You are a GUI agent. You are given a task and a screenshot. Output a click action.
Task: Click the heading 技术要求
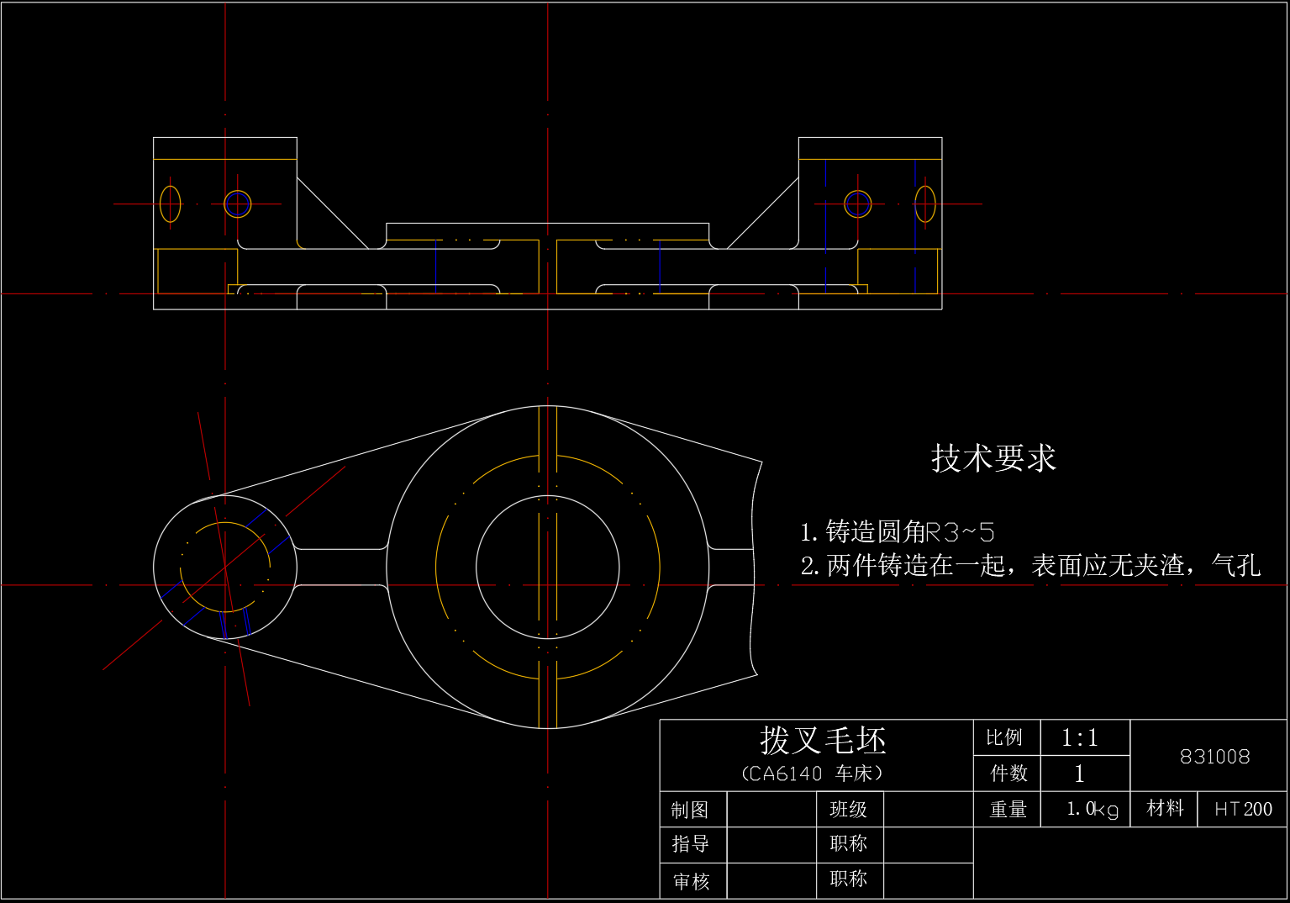click(x=993, y=458)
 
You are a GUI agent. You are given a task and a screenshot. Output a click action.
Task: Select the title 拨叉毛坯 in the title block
click(x=823, y=741)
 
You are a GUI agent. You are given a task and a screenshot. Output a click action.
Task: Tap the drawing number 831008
click(x=1214, y=757)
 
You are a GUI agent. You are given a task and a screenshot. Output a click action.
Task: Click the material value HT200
click(x=1243, y=809)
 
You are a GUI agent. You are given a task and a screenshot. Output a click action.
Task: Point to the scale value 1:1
click(x=1080, y=738)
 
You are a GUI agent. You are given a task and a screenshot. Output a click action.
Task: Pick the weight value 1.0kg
click(x=1092, y=809)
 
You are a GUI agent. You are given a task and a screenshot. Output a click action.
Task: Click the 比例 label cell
click(x=1004, y=737)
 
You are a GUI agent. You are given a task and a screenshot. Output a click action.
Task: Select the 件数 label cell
click(x=1008, y=773)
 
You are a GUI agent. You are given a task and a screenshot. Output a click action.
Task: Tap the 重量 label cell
click(x=1008, y=809)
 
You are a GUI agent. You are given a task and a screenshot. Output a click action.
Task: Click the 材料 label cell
click(x=1165, y=808)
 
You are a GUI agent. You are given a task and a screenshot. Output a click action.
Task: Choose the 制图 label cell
click(x=690, y=810)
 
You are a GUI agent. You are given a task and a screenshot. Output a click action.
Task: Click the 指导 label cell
click(x=690, y=843)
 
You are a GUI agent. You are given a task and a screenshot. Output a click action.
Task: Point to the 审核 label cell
click(x=691, y=880)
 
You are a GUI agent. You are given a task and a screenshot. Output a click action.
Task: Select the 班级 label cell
click(x=848, y=809)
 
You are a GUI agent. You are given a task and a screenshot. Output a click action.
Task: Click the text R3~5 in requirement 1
click(x=960, y=532)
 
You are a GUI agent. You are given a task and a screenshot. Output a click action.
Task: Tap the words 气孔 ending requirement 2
click(x=1236, y=566)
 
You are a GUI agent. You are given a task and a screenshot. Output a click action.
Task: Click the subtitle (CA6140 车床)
click(x=812, y=774)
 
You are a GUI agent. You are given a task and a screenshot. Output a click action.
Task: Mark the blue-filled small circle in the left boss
click(x=238, y=203)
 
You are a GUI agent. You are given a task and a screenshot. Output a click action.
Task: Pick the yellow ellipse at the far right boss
click(x=925, y=203)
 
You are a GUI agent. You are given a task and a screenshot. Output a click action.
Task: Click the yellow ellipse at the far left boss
click(x=170, y=203)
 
